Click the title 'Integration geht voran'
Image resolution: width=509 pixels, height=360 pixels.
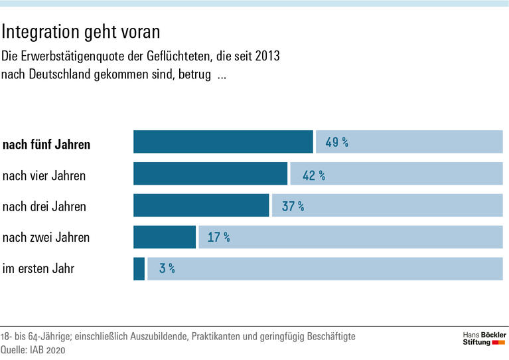[x=81, y=31]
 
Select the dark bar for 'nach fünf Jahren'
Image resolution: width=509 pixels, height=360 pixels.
[x=223, y=142]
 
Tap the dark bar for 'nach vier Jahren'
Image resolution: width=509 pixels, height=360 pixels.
[x=210, y=174]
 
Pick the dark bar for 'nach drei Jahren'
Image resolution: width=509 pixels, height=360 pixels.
[x=201, y=206]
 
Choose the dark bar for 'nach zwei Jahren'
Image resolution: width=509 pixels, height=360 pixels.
[x=165, y=237]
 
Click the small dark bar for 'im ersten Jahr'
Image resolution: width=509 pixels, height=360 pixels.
[x=139, y=268]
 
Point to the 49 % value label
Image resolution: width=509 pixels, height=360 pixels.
[x=336, y=142]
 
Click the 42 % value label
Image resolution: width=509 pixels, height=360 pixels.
[x=313, y=175]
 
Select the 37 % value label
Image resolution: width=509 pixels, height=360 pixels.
[x=293, y=207]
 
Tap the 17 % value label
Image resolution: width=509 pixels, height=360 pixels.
[x=218, y=237]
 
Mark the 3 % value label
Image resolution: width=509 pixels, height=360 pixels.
[x=167, y=269]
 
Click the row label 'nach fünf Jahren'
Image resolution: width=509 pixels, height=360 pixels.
[x=46, y=145]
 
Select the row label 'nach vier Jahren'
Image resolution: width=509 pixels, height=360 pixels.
[x=44, y=176]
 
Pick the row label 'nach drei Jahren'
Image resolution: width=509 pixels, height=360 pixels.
[x=44, y=207]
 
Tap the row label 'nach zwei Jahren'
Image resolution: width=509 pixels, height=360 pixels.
[x=46, y=238]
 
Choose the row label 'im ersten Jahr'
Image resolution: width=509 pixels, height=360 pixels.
[x=38, y=269]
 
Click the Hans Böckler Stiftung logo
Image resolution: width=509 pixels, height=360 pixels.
[x=484, y=337]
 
